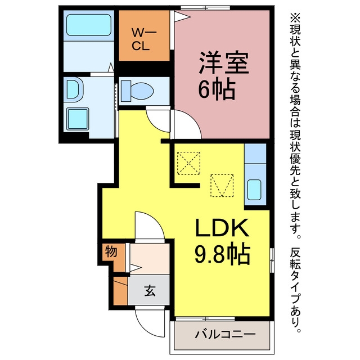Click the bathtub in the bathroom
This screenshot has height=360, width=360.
tap(89, 25)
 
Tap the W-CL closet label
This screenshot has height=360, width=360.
tap(143, 39)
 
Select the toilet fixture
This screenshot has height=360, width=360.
tap(137, 91)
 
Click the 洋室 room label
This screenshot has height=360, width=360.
tap(224, 63)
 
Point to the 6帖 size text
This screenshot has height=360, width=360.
tap(217, 90)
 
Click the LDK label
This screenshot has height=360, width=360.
tap(222, 227)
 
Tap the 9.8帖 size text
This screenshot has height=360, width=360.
tap(222, 254)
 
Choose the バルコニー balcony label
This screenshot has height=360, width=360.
tap(225, 334)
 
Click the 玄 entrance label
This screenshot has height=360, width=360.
tap(150, 291)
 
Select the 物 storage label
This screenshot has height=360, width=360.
tap(111, 252)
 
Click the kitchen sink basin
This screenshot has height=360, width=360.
tap(254, 190)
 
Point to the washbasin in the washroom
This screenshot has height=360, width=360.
tap(74, 89)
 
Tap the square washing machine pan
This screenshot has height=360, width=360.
tap(78, 119)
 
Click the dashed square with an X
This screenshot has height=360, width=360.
tap(188, 163)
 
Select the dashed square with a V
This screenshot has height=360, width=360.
tap(222, 186)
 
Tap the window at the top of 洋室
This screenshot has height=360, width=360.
tap(205, 8)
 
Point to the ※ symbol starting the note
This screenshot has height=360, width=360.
tap(295, 17)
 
